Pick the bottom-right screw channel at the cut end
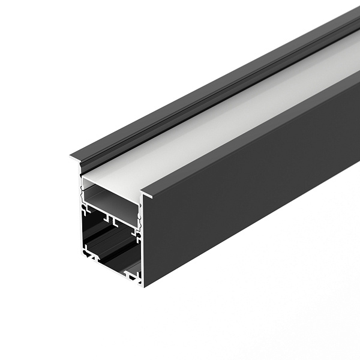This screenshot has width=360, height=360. [132, 275]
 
